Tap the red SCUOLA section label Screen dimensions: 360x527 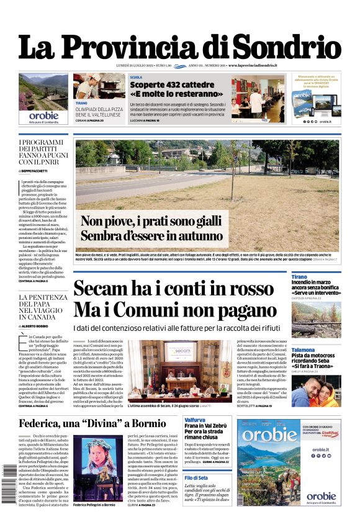[x=136, y=78]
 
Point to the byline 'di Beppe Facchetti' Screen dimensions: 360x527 [x=39, y=169]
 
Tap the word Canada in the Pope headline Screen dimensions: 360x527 [x=37, y=317]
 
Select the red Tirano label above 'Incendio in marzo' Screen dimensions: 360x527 [x=299, y=277]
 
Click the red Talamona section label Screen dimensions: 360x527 [x=304, y=350]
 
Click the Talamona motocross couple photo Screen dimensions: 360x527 [x=315, y=391]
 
